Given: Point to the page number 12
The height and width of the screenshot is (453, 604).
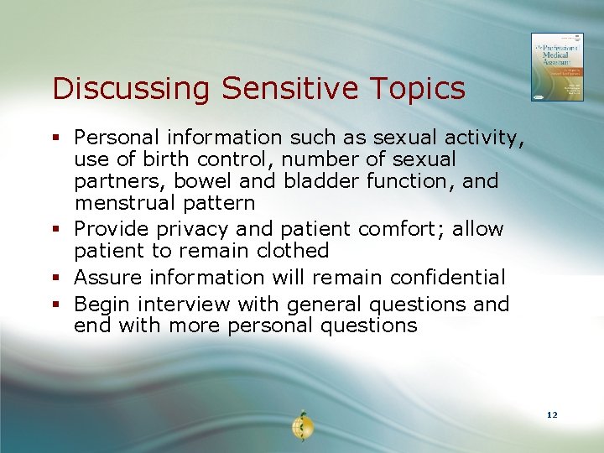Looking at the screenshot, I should pyautogui.click(x=551, y=415).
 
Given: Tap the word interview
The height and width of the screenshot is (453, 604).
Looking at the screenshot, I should pyautogui.click(x=183, y=303).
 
